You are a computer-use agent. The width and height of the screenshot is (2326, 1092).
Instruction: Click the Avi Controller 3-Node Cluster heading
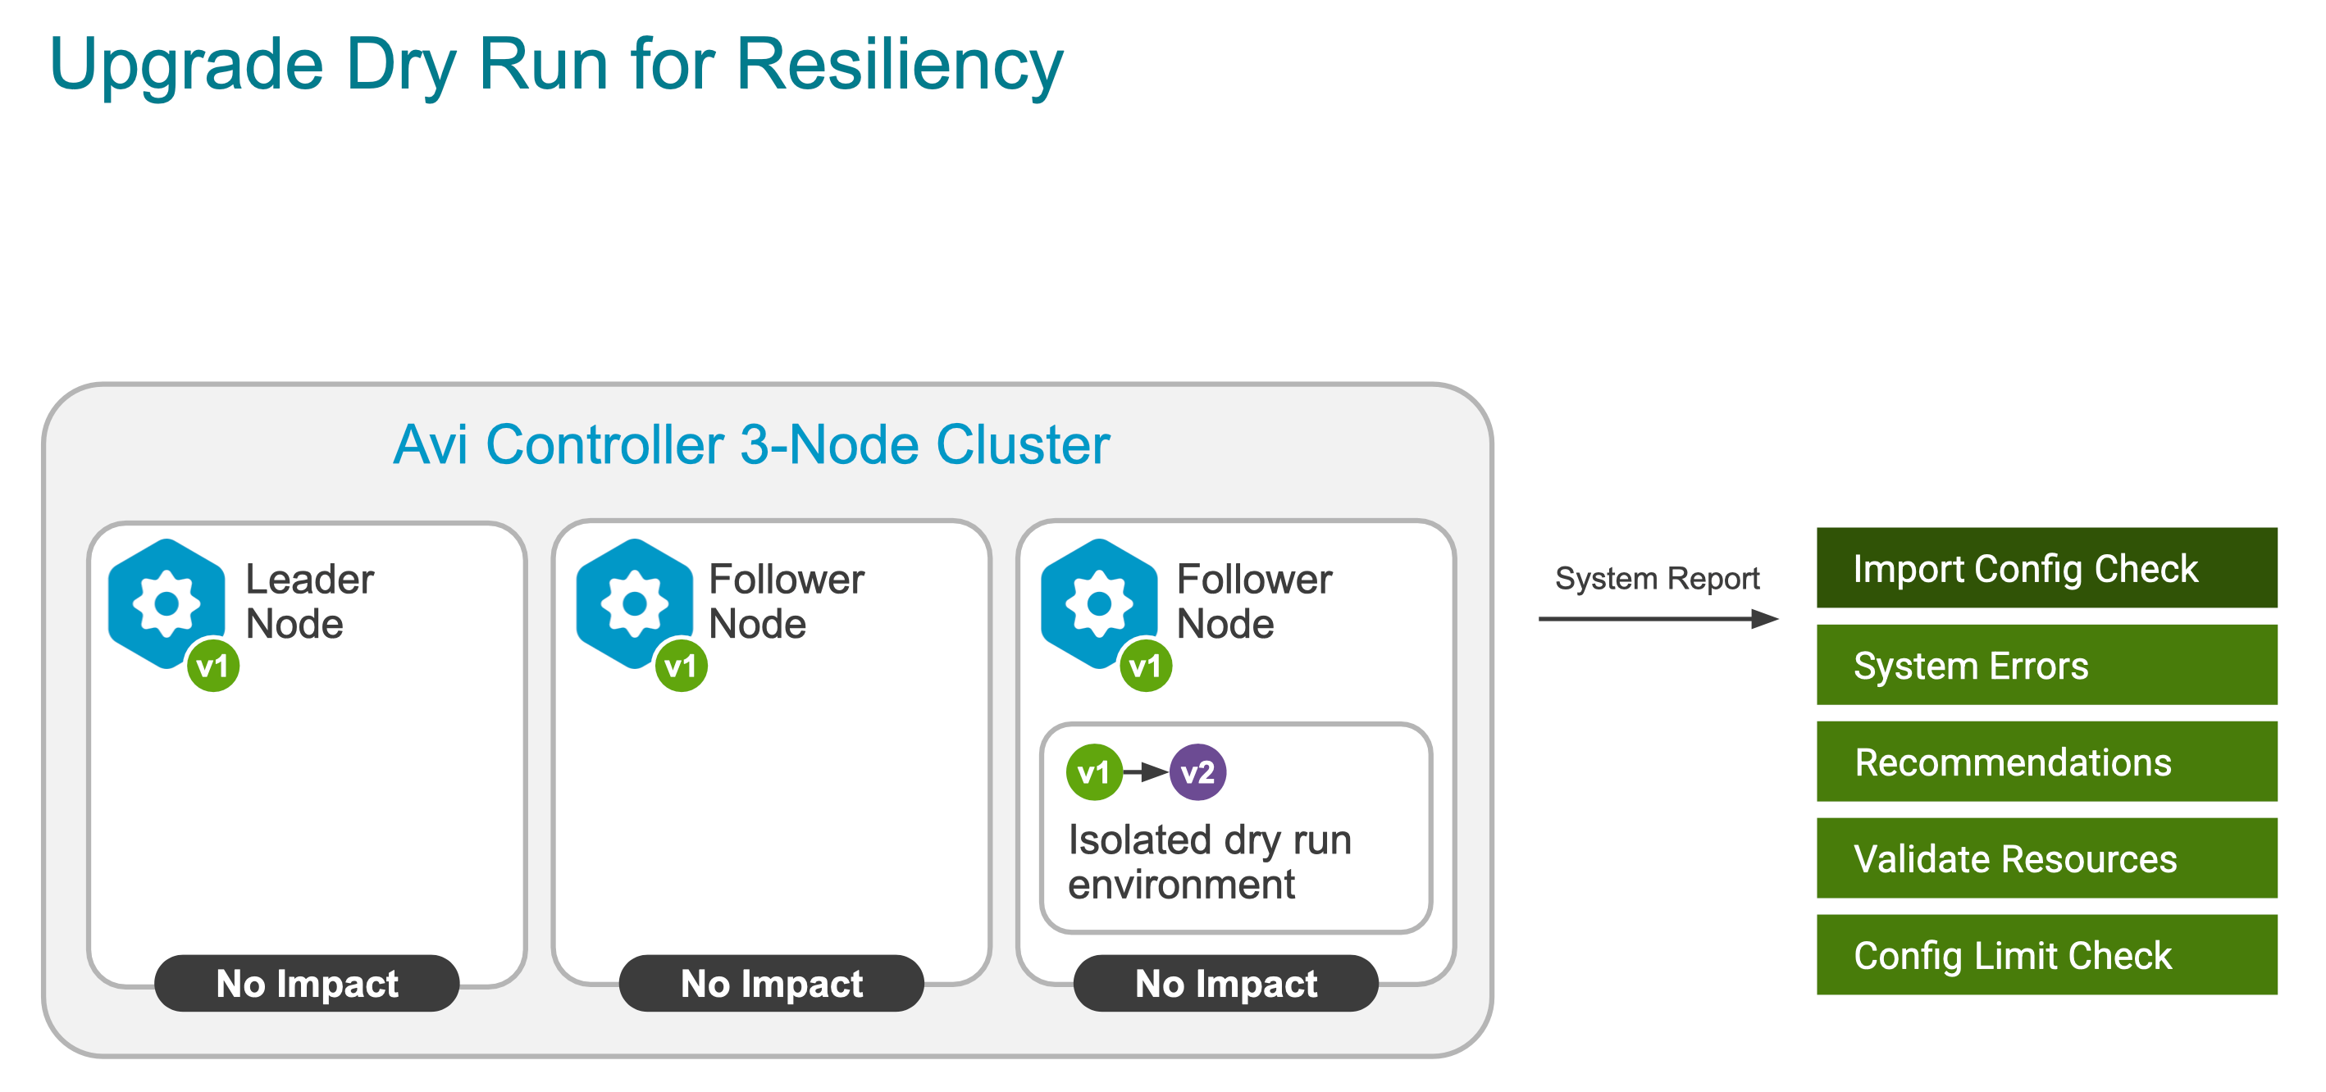pyautogui.click(x=751, y=445)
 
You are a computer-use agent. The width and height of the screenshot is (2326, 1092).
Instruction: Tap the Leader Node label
pyautogui.click(x=309, y=601)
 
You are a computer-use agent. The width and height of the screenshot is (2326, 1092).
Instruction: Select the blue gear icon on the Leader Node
pyautogui.click(x=166, y=603)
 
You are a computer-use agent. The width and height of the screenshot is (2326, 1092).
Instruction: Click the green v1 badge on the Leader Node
pyautogui.click(x=213, y=666)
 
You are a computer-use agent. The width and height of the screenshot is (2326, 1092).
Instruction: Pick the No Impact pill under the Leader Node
pyautogui.click(x=307, y=983)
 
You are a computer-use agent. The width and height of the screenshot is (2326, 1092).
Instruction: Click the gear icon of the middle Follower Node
pyautogui.click(x=634, y=603)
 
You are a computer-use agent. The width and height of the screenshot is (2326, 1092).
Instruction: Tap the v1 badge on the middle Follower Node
pyautogui.click(x=681, y=666)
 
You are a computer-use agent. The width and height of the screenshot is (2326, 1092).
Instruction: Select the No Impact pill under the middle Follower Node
pyautogui.click(x=771, y=983)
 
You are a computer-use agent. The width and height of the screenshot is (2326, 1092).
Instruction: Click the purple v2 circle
pyautogui.click(x=1197, y=772)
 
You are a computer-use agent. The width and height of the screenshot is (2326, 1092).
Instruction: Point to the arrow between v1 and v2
pyautogui.click(x=1145, y=772)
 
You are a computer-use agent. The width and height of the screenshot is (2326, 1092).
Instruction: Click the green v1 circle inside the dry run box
pyautogui.click(x=1093, y=772)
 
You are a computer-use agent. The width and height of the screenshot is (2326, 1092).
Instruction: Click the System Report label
pyautogui.click(x=1657, y=579)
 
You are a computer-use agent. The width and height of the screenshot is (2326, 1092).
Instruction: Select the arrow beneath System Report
pyautogui.click(x=1657, y=619)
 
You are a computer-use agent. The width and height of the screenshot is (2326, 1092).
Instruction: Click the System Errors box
pyautogui.click(x=2046, y=665)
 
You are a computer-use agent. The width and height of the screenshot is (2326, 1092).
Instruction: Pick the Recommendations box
pyautogui.click(x=2046, y=762)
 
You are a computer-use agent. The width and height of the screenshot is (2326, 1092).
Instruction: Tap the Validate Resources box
pyautogui.click(x=2046, y=858)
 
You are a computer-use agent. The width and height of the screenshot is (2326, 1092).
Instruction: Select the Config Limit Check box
pyautogui.click(x=2046, y=955)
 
